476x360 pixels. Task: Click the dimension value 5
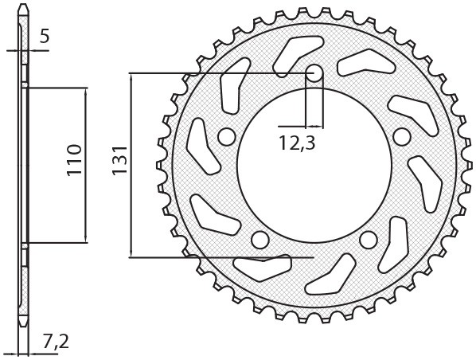point(44,35)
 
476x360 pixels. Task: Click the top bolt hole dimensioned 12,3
point(314,74)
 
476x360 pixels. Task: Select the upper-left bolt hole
point(226,138)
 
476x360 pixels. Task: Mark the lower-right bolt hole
point(369,240)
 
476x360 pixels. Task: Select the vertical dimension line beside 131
point(130,166)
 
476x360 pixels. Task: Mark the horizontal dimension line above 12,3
point(301,126)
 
